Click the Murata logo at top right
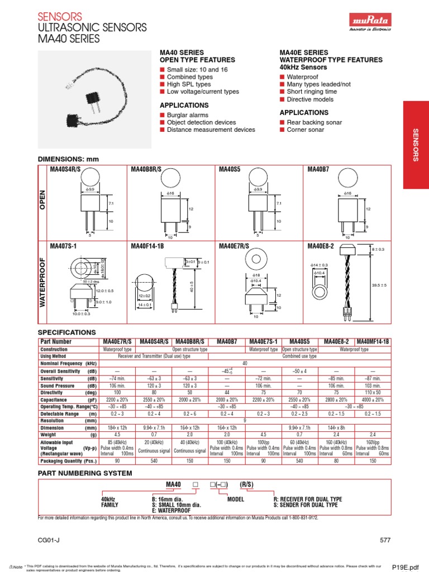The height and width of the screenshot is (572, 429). [371, 21]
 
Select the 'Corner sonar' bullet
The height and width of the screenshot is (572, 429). [305, 130]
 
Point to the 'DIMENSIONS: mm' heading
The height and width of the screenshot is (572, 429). [68, 159]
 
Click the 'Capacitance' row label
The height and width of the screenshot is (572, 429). [54, 400]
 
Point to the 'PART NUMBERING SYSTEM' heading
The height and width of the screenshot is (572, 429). [85, 473]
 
